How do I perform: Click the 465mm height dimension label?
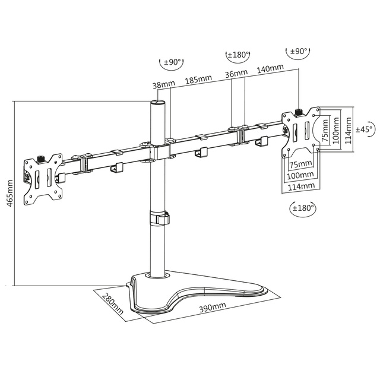[x=9, y=193]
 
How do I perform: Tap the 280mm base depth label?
[x=113, y=303]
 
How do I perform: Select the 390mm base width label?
[x=213, y=307]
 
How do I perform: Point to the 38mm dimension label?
[x=164, y=84]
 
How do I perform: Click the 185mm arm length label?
[x=198, y=79]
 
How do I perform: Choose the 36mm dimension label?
[x=236, y=73]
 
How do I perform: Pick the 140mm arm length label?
[x=270, y=68]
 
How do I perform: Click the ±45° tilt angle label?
[x=364, y=129]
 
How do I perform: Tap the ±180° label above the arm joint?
[x=239, y=55]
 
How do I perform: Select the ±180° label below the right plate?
[x=303, y=208]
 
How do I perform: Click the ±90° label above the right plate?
[x=299, y=52]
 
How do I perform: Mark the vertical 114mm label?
[x=349, y=131]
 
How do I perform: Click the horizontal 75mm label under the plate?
[x=300, y=164]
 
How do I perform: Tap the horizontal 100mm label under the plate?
[x=300, y=175]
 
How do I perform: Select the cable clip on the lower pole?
[x=159, y=218]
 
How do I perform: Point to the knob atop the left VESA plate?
[x=41, y=160]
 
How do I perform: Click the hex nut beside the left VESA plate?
[x=27, y=176]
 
